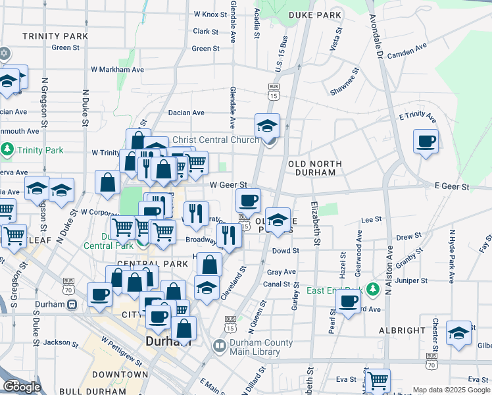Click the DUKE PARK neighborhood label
tap(315, 14)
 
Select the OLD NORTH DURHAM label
tap(316, 168)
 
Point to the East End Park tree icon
tap(373, 290)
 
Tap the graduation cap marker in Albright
tap(458, 332)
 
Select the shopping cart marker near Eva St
tap(377, 381)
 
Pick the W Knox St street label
tap(210, 14)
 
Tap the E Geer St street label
tap(452, 187)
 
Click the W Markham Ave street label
tap(117, 69)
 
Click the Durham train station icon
tap(72, 304)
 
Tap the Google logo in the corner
tap(22, 386)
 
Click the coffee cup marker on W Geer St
tap(248, 199)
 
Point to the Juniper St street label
tap(428, 280)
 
